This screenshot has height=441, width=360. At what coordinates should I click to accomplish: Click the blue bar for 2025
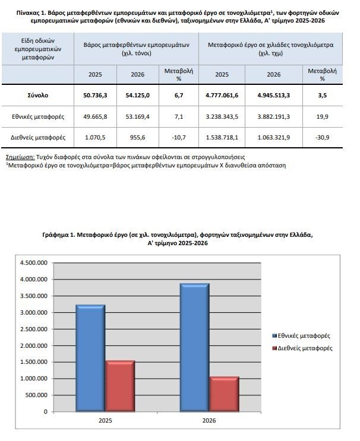pyautogui.click(x=90, y=358)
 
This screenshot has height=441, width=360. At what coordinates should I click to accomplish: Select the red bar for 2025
pyautogui.click(x=120, y=386)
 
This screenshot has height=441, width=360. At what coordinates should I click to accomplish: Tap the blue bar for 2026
pyautogui.click(x=194, y=347)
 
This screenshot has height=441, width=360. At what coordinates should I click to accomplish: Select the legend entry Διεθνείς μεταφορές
pyautogui.click(x=302, y=348)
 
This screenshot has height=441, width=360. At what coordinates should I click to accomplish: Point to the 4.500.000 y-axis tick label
pyautogui.click(x=34, y=263)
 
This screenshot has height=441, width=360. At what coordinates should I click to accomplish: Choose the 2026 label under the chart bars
pyautogui.click(x=209, y=420)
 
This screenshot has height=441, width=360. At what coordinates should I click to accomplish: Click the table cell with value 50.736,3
pyautogui.click(x=95, y=96)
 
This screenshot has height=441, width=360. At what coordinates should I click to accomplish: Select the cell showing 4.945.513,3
pyautogui.click(x=274, y=96)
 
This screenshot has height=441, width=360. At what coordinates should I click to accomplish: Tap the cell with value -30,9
pyautogui.click(x=323, y=138)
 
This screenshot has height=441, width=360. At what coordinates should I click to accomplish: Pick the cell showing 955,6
pyautogui.click(x=138, y=138)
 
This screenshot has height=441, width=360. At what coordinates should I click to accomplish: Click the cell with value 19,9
pyautogui.click(x=323, y=116)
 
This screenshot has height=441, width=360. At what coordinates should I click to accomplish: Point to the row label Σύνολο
pyautogui.click(x=38, y=96)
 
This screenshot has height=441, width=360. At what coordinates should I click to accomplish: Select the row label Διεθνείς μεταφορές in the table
pyautogui.click(x=38, y=138)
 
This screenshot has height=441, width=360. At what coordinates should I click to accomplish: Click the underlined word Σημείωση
pyautogui.click(x=20, y=157)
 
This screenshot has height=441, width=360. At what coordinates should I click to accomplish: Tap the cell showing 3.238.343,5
pyautogui.click(x=222, y=116)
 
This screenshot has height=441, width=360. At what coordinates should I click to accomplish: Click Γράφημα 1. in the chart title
pyautogui.click(x=58, y=235)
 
